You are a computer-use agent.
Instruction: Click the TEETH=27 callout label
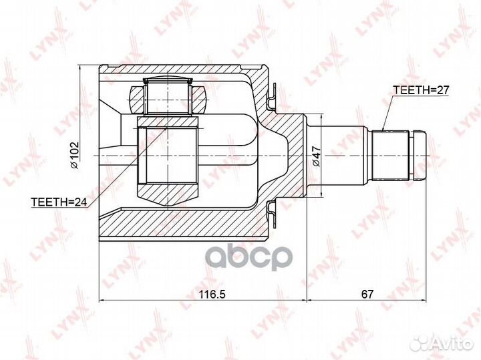(x=421, y=90)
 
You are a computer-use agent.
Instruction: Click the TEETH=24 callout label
(x=59, y=202)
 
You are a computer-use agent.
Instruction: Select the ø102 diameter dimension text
(x=75, y=155)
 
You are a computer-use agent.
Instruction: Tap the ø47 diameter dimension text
(x=316, y=156)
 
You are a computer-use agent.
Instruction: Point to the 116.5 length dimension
(x=212, y=295)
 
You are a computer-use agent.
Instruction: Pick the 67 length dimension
(x=367, y=295)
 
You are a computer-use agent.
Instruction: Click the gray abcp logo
(x=249, y=258)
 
